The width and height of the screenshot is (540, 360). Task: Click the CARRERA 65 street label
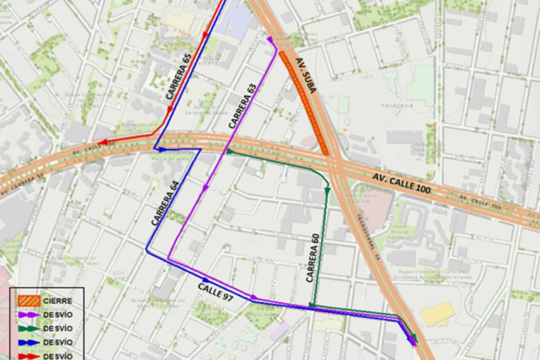tap(179, 76)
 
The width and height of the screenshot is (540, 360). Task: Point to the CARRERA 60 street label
tap(313, 258)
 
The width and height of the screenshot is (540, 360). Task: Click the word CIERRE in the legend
tap(58, 301)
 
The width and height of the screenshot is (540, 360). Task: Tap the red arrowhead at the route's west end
tap(103, 142)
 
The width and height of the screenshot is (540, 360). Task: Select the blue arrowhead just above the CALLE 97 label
tap(205, 280)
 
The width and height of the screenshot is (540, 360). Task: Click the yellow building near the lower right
tap(438, 314)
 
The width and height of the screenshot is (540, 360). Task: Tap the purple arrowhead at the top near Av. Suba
tap(271, 40)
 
